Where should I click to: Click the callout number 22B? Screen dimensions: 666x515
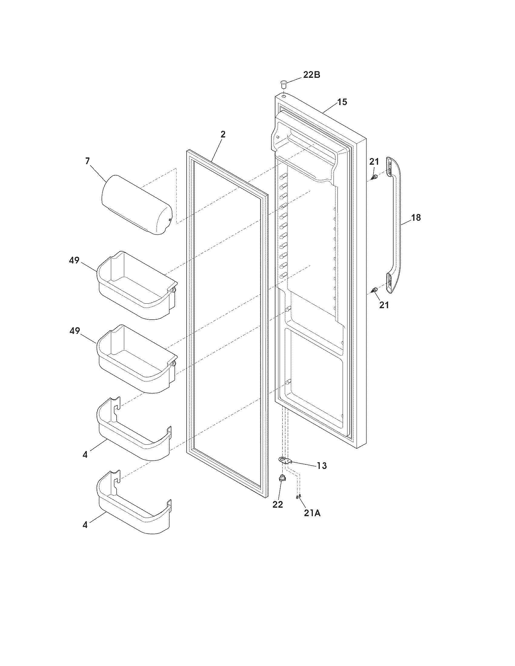point(311,75)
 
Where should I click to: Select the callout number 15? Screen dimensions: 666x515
point(342,102)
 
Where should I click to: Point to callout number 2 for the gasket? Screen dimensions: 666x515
point(223,134)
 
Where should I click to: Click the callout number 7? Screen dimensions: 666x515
point(88,161)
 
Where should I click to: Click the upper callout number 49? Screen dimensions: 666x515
point(74,261)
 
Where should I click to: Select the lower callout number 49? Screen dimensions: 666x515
point(74,331)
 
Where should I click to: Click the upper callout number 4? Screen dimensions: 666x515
point(85,463)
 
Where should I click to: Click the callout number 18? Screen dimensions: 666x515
point(416,218)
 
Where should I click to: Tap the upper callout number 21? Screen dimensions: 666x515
point(374,162)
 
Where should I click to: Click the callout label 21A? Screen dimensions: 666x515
point(312,513)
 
